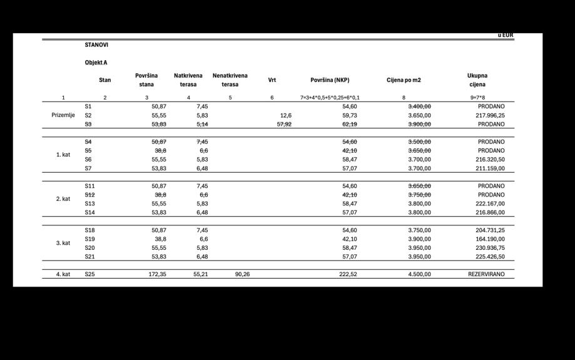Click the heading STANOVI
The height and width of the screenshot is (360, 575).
96,45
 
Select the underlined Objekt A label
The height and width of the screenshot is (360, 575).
96,63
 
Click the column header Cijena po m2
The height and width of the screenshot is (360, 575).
404,80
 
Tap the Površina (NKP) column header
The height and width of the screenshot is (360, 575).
330,80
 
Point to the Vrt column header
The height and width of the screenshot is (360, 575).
272,80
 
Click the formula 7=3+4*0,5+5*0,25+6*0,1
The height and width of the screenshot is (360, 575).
330,98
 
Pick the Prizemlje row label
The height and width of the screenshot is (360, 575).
63,115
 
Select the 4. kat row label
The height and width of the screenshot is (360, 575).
63,274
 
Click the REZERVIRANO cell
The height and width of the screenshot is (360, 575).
486,274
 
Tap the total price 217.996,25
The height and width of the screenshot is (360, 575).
489,115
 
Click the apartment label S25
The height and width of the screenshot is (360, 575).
89,274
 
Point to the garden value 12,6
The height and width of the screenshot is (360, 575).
285,115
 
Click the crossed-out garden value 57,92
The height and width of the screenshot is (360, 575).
284,124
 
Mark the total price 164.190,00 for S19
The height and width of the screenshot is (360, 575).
489,239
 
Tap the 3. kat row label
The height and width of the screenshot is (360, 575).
63,243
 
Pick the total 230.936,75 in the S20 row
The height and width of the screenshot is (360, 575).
489,247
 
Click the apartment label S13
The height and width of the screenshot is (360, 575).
89,203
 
